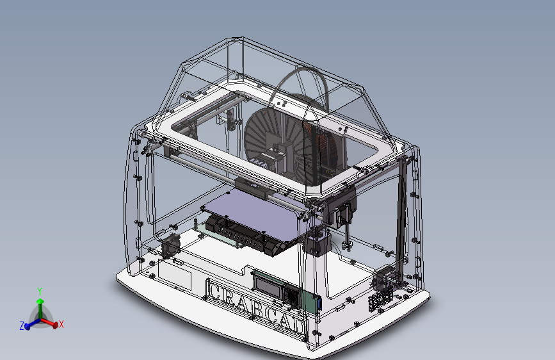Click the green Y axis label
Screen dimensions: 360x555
[40, 291]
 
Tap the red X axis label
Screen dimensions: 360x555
[62, 324]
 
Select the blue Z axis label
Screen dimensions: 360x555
[22, 326]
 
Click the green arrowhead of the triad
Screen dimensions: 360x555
[40, 300]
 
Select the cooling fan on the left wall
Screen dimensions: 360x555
[170, 245]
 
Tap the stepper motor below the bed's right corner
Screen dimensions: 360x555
[316, 244]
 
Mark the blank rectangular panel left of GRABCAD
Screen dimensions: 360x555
[175, 275]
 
